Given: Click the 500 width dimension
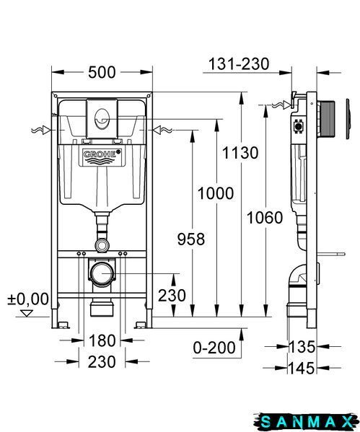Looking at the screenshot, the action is coord(102,72).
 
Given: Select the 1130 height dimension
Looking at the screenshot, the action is coord(240,153).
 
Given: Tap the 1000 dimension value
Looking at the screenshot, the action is coord(216,193).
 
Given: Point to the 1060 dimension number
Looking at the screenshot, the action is coord(265,217).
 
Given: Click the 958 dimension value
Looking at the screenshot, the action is coord(191,239).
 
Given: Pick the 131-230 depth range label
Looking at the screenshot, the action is coord(239,64).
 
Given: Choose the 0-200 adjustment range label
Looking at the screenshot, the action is coord(214,348).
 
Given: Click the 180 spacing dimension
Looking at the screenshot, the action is coord(102,340).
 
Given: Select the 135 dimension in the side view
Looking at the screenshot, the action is coord(302,347).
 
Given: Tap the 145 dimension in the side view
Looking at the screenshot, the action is coord(302,368).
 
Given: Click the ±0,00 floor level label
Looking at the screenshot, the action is coord(28,299).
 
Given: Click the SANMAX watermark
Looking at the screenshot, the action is coord(305,422).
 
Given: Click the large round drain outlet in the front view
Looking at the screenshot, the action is coord(102,273).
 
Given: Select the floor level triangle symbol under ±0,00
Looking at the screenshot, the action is coord(27,313).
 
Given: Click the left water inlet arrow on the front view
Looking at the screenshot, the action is coord(41,130).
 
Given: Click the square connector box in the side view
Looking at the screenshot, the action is coord(298,126).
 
